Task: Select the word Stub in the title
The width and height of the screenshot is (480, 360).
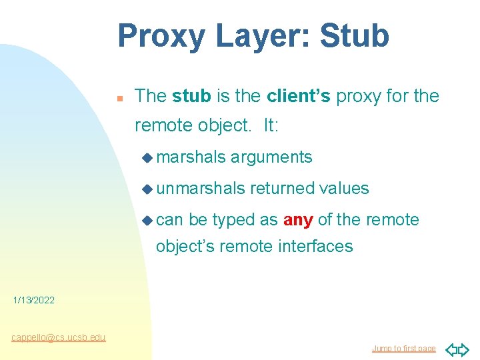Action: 354,37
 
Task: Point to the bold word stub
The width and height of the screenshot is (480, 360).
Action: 191,97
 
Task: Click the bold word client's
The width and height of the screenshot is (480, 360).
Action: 298,97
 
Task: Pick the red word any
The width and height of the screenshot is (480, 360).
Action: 298,220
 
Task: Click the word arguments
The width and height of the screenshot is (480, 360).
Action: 271,157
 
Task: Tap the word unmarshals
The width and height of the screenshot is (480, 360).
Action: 201,189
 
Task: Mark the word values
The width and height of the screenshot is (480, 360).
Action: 343,189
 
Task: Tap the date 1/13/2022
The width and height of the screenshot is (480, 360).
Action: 34,301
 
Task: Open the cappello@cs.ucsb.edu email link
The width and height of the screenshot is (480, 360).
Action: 59,337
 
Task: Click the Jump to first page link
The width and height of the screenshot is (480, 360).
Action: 404,349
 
